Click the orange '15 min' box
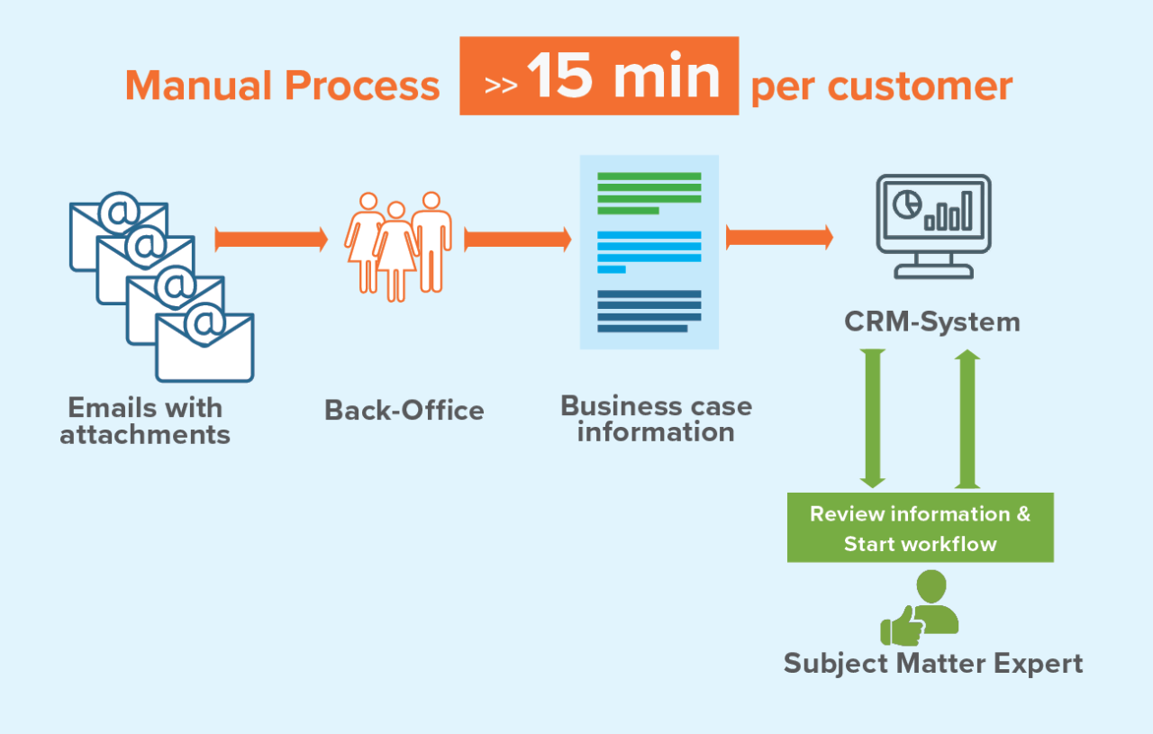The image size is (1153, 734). click(x=599, y=76)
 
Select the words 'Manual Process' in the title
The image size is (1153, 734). click(x=282, y=86)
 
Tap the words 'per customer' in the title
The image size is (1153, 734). click(x=881, y=86)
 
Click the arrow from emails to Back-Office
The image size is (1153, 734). click(x=271, y=240)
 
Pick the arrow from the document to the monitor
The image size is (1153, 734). click(x=779, y=238)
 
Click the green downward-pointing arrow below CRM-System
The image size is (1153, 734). click(x=873, y=419)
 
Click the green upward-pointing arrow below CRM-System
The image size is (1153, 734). click(x=967, y=419)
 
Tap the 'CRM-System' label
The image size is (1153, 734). click(x=932, y=322)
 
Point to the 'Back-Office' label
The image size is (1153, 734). click(x=404, y=411)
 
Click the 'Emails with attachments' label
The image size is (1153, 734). click(x=145, y=421)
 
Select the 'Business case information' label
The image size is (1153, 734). click(x=656, y=418)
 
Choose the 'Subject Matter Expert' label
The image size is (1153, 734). click(x=932, y=664)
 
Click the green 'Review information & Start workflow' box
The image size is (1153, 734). click(x=920, y=528)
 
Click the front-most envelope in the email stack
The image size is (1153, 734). click(x=204, y=348)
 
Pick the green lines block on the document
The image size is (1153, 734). click(x=649, y=193)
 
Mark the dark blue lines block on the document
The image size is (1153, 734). click(x=649, y=311)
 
